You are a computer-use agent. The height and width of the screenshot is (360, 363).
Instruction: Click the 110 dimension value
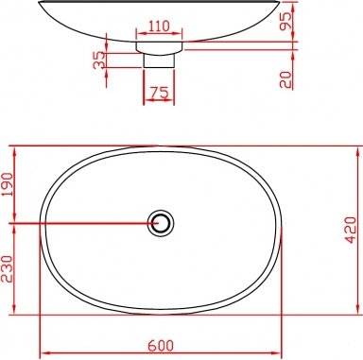[x=159, y=26]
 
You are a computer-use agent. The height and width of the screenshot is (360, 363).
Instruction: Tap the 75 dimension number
[x=159, y=93]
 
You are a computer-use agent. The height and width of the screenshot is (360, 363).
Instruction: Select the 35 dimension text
[x=99, y=60]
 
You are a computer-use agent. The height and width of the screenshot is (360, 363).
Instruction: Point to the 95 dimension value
[x=285, y=21]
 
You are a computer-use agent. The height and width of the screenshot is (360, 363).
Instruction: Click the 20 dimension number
[x=285, y=79]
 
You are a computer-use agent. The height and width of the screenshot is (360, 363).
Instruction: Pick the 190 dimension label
[x=8, y=184]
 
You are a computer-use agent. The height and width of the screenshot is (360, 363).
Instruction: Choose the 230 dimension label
[x=8, y=268]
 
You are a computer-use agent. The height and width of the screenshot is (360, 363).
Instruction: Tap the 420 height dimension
[x=351, y=230]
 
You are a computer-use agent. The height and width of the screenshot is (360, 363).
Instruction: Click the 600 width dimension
[x=161, y=346]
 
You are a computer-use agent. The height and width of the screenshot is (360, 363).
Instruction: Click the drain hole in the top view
[x=161, y=223]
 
